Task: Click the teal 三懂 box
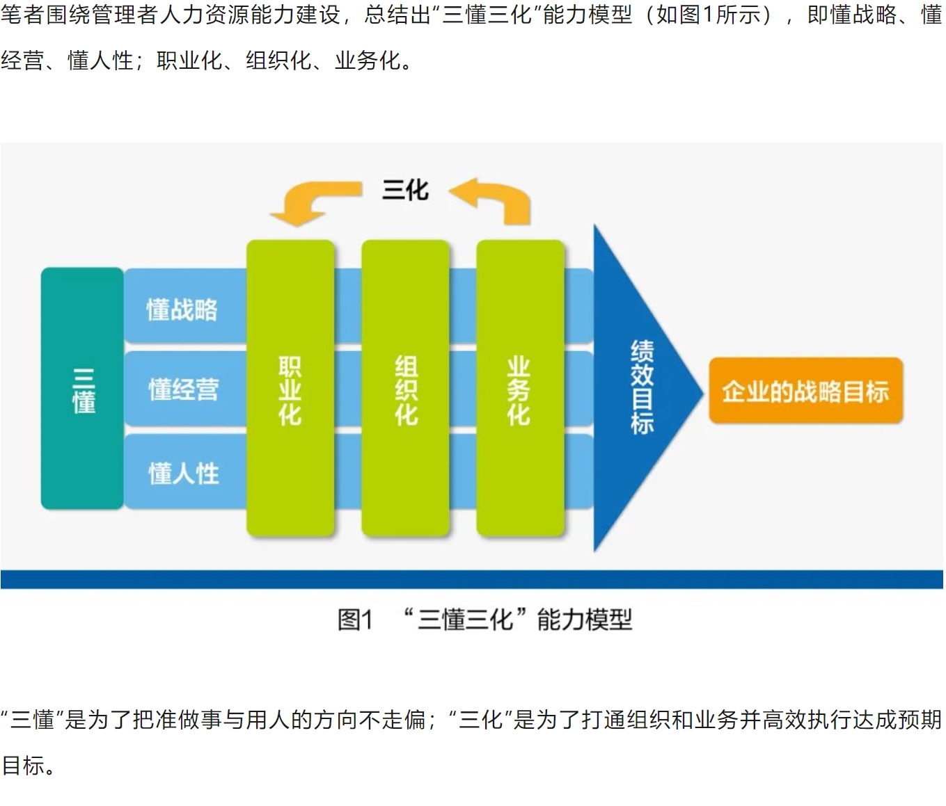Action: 82,389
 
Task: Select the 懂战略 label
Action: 182,309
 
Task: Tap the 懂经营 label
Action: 184,389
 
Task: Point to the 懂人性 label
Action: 184,473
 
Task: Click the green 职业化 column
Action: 290,389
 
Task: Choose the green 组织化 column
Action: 406,389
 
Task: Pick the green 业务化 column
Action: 521,389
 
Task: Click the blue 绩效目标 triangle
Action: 640,389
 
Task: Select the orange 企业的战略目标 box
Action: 806,391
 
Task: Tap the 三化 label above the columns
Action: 406,190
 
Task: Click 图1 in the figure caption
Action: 355,620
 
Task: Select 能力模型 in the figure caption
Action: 585,620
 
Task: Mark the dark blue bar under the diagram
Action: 472,579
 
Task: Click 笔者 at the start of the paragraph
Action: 23,15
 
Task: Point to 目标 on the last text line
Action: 24,766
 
